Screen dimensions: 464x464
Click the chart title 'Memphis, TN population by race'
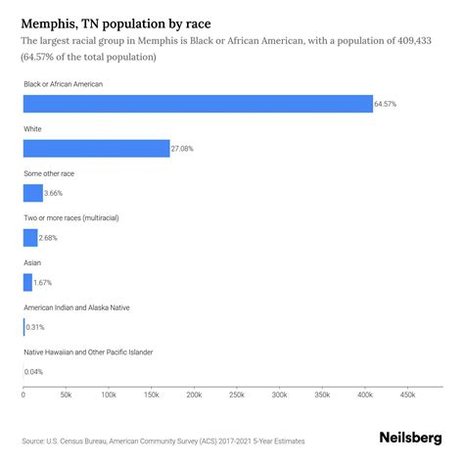117,21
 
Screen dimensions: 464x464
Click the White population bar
96,149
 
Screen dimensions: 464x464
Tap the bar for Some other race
32,193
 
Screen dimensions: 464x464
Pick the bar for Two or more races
29,238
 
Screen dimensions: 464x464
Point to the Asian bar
27,282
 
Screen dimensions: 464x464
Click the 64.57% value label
387,104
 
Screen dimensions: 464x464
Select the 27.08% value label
184,149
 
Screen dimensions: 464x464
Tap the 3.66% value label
56,193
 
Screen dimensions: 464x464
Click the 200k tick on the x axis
194,394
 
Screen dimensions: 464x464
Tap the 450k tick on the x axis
407,394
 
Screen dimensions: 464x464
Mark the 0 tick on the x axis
23,394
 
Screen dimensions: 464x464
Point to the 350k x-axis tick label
322,394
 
